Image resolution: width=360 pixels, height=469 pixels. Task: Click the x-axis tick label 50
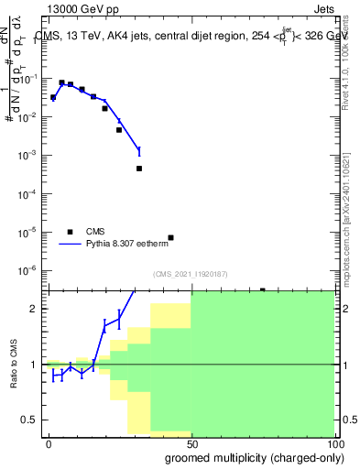point(191,442)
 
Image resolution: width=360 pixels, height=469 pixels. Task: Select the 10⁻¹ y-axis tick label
point(31,79)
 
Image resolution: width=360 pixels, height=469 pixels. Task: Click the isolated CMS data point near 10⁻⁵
point(170,237)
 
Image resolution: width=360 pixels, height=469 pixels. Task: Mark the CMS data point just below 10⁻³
point(139,169)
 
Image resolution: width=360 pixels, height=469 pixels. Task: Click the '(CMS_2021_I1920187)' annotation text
point(191,274)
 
